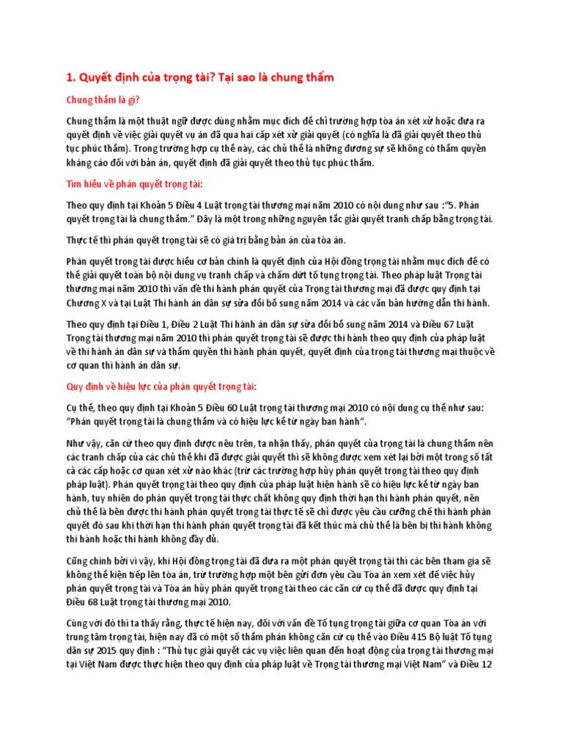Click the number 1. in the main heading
(x=72, y=78)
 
